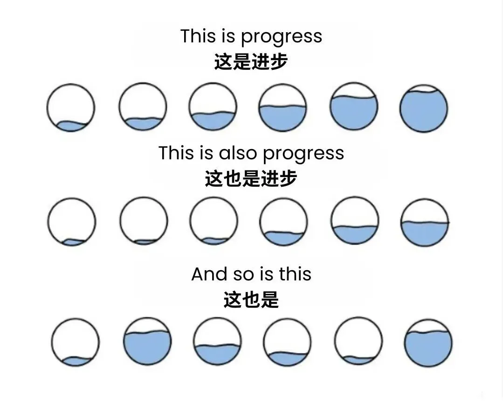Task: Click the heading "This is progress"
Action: click(x=251, y=37)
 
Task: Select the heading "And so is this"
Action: click(x=251, y=274)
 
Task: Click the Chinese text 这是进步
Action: click(x=251, y=62)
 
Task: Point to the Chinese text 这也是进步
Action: click(x=251, y=178)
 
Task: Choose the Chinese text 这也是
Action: click(x=251, y=300)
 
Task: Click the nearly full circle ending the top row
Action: click(x=423, y=109)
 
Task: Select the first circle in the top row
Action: click(x=71, y=108)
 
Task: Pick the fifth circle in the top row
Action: click(x=354, y=106)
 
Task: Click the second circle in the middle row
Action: click(x=144, y=221)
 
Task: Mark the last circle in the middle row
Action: click(x=425, y=222)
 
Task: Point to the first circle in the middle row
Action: click(x=72, y=222)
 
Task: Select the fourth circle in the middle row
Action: click(x=283, y=222)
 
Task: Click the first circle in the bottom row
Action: click(x=75, y=342)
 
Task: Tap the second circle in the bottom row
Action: click(x=147, y=341)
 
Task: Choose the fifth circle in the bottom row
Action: click(x=358, y=341)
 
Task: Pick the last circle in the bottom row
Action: click(x=428, y=343)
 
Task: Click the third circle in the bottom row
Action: click(x=217, y=342)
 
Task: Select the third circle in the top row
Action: click(x=213, y=107)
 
